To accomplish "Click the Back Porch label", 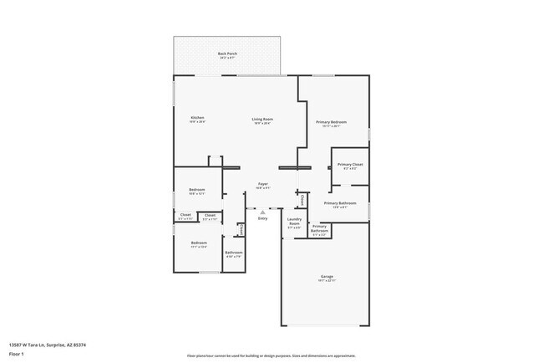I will click(x=227, y=55).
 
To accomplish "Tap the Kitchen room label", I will click(x=197, y=119).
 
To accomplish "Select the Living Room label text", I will click(x=262, y=120).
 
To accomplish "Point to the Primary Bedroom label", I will click(x=331, y=124).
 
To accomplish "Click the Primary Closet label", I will click(x=350, y=166).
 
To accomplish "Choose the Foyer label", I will click(x=262, y=185).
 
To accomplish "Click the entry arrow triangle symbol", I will click(x=262, y=210).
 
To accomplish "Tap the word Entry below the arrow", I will click(x=262, y=218).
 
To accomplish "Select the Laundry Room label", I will click(x=294, y=224).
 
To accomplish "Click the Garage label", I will click(x=327, y=278).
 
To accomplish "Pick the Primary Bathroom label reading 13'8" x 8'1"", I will click(x=340, y=205).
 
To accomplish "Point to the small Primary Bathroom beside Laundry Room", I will click(x=319, y=229).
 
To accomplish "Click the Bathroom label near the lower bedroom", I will click(x=234, y=254).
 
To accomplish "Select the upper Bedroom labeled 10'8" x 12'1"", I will click(x=197, y=191).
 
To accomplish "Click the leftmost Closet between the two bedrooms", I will click(x=185, y=217).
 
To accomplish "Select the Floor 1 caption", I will click(x=16, y=353).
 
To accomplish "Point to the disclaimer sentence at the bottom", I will click(x=271, y=355).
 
